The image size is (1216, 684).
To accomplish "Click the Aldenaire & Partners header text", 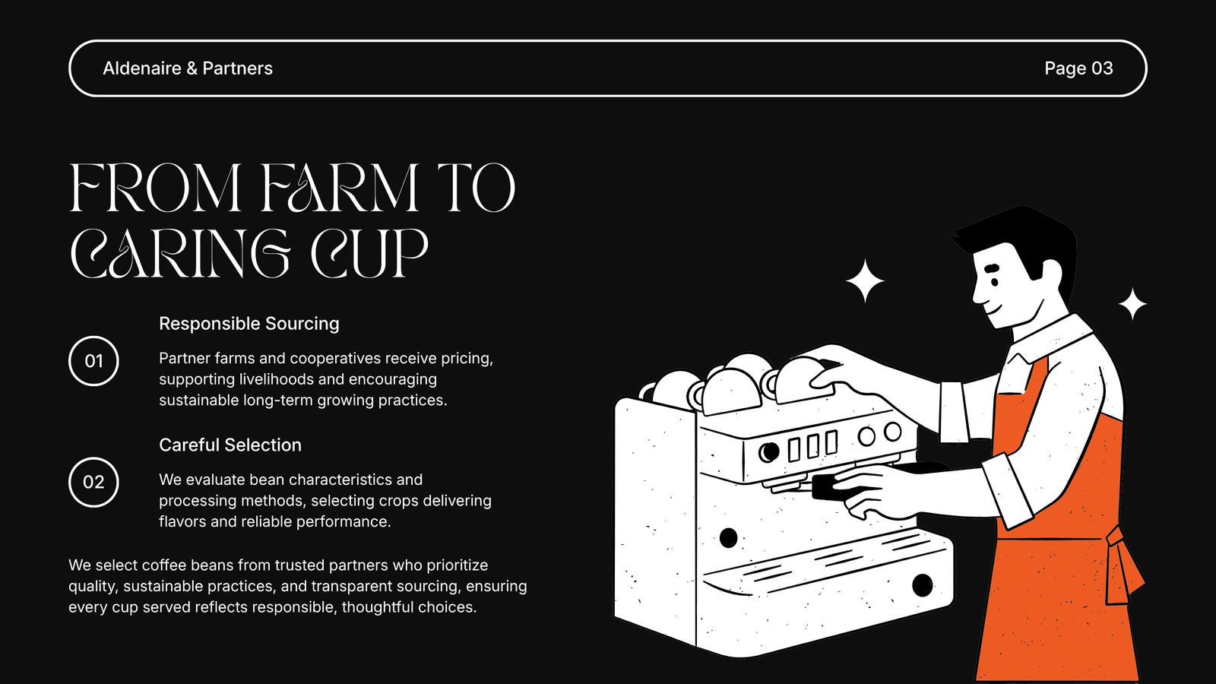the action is point(187,68).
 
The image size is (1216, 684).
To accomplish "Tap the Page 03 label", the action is point(1078,68).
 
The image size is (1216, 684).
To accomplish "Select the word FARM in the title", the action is point(340,188).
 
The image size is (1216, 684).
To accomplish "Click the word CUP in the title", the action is point(369,254).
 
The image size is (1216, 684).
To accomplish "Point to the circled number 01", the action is point(93,361).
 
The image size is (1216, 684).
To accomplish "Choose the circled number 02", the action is point(93,482).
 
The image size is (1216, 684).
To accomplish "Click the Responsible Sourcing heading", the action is point(249,324).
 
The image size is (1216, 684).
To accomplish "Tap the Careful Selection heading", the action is point(230,445).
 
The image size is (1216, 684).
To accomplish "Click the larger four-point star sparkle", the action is point(865,280).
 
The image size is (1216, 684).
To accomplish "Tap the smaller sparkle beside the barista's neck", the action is point(1132,304).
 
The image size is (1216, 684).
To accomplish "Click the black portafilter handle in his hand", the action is point(831,487).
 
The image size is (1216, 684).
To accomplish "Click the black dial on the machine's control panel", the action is point(768,451).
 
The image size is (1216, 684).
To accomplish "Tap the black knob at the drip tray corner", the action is point(923,585).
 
